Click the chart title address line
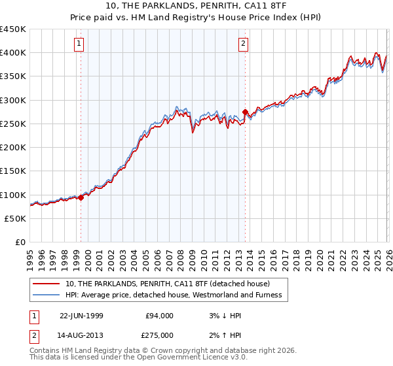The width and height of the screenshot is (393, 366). pyautogui.click(x=196, y=7)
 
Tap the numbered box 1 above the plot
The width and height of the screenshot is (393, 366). pyautogui.click(x=79, y=44)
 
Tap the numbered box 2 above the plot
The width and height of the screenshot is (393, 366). pyautogui.click(x=243, y=44)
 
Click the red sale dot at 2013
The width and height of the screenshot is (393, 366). pyautogui.click(x=245, y=112)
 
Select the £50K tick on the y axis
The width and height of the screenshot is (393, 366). pyautogui.click(x=16, y=219)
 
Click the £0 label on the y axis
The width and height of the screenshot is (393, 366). pyautogui.click(x=20, y=242)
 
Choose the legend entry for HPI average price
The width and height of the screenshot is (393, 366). pyautogui.click(x=173, y=295)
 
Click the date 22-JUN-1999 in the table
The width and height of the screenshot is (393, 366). pyautogui.click(x=81, y=316)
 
